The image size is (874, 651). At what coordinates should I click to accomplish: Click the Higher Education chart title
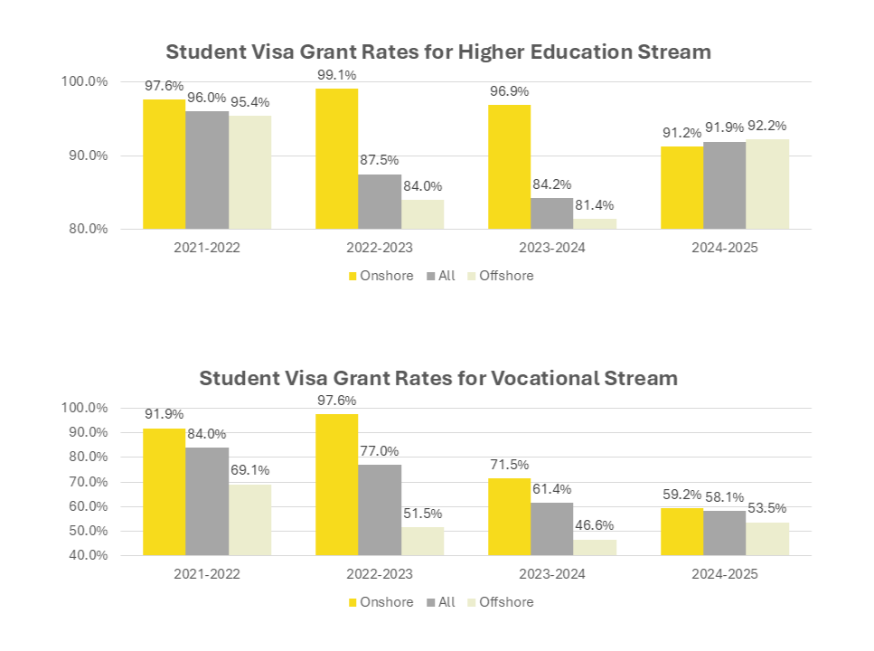coord(438,52)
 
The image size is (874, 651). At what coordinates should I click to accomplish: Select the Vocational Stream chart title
coord(438,378)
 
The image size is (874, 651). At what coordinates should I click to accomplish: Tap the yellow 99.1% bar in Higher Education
coord(336,158)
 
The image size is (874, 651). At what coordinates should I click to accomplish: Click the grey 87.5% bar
coord(380,201)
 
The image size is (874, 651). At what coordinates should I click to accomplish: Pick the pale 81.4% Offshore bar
coord(595,223)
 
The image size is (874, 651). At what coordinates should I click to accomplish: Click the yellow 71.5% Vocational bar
coord(509,516)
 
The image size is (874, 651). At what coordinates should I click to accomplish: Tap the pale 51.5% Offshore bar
coord(422,541)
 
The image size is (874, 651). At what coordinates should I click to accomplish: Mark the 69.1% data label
coord(249,470)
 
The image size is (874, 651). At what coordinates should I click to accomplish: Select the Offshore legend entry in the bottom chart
coord(499,602)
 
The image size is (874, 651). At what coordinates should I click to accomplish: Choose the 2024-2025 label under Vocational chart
coord(724,574)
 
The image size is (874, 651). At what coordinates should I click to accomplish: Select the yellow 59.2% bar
coord(681,531)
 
